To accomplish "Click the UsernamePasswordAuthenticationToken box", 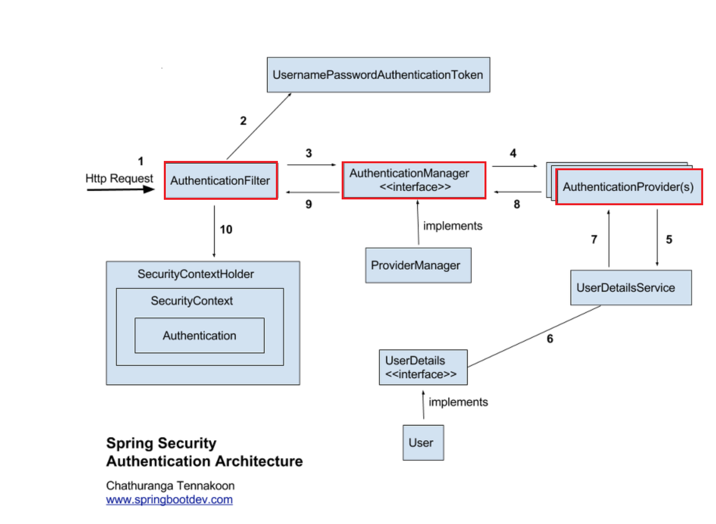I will [x=378, y=75].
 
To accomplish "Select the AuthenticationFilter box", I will [x=221, y=181].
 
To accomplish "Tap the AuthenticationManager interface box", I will [x=414, y=180].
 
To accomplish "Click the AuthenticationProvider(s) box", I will [x=628, y=187].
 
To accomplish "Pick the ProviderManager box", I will [x=418, y=265].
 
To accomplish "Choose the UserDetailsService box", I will [x=630, y=288].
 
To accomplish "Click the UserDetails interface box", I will [x=423, y=367].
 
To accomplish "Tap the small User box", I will [x=423, y=443].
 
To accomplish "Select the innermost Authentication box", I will [x=199, y=335].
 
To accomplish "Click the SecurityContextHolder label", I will [x=195, y=274].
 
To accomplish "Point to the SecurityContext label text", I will [x=191, y=301].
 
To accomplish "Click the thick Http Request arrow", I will [x=121, y=190].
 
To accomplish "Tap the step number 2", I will [x=243, y=121].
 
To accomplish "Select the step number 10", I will [x=226, y=230].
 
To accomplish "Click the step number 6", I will [x=550, y=339].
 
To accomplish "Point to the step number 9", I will [x=309, y=204].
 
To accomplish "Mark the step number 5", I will [x=669, y=239].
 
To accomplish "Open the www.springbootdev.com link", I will [x=169, y=500].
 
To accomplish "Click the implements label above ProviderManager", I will [x=453, y=226].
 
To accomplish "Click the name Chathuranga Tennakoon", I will [x=170, y=486].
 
